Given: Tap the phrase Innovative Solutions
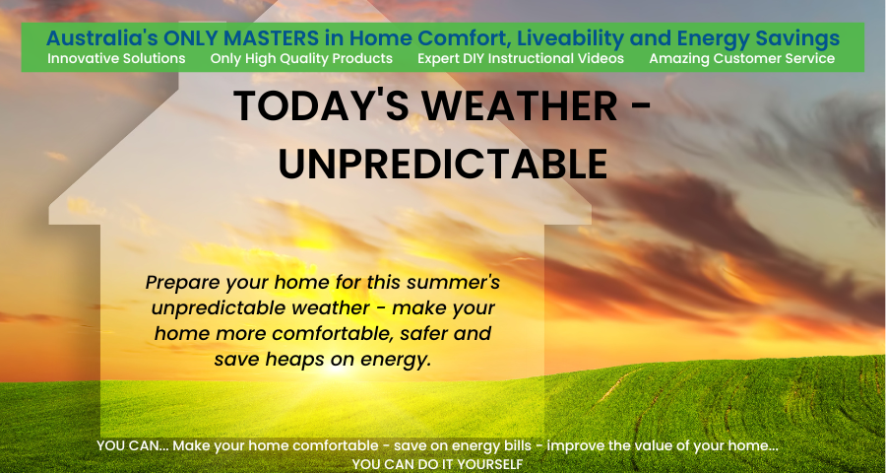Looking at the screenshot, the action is coord(116,59).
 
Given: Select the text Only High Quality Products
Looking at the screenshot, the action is coord(301,59).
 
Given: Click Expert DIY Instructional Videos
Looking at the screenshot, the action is coord(521,59).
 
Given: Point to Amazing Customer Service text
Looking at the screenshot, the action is coord(741,59).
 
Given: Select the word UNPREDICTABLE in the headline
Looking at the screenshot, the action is coord(442,165).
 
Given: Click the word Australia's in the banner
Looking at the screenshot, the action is coord(101,38).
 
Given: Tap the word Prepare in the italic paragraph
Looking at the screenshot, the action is coord(182,283).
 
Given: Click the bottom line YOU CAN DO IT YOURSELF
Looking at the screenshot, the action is coord(437,464).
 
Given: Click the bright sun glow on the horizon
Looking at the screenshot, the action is coord(338,371).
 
